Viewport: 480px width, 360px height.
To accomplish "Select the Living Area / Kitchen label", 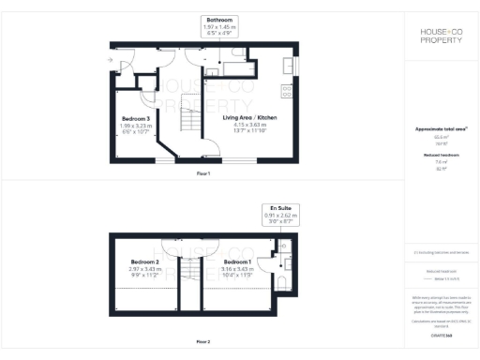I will [x=250, y=118].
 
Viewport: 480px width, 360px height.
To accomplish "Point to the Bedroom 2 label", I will [x=145, y=262].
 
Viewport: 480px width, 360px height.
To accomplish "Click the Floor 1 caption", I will [x=203, y=174].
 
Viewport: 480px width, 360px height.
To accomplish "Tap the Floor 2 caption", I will [x=203, y=341].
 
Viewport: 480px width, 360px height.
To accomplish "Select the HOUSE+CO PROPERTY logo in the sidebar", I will [x=441, y=37].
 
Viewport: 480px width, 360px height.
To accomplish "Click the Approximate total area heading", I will [x=441, y=128].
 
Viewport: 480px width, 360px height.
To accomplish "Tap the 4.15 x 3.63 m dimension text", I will [x=250, y=125].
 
